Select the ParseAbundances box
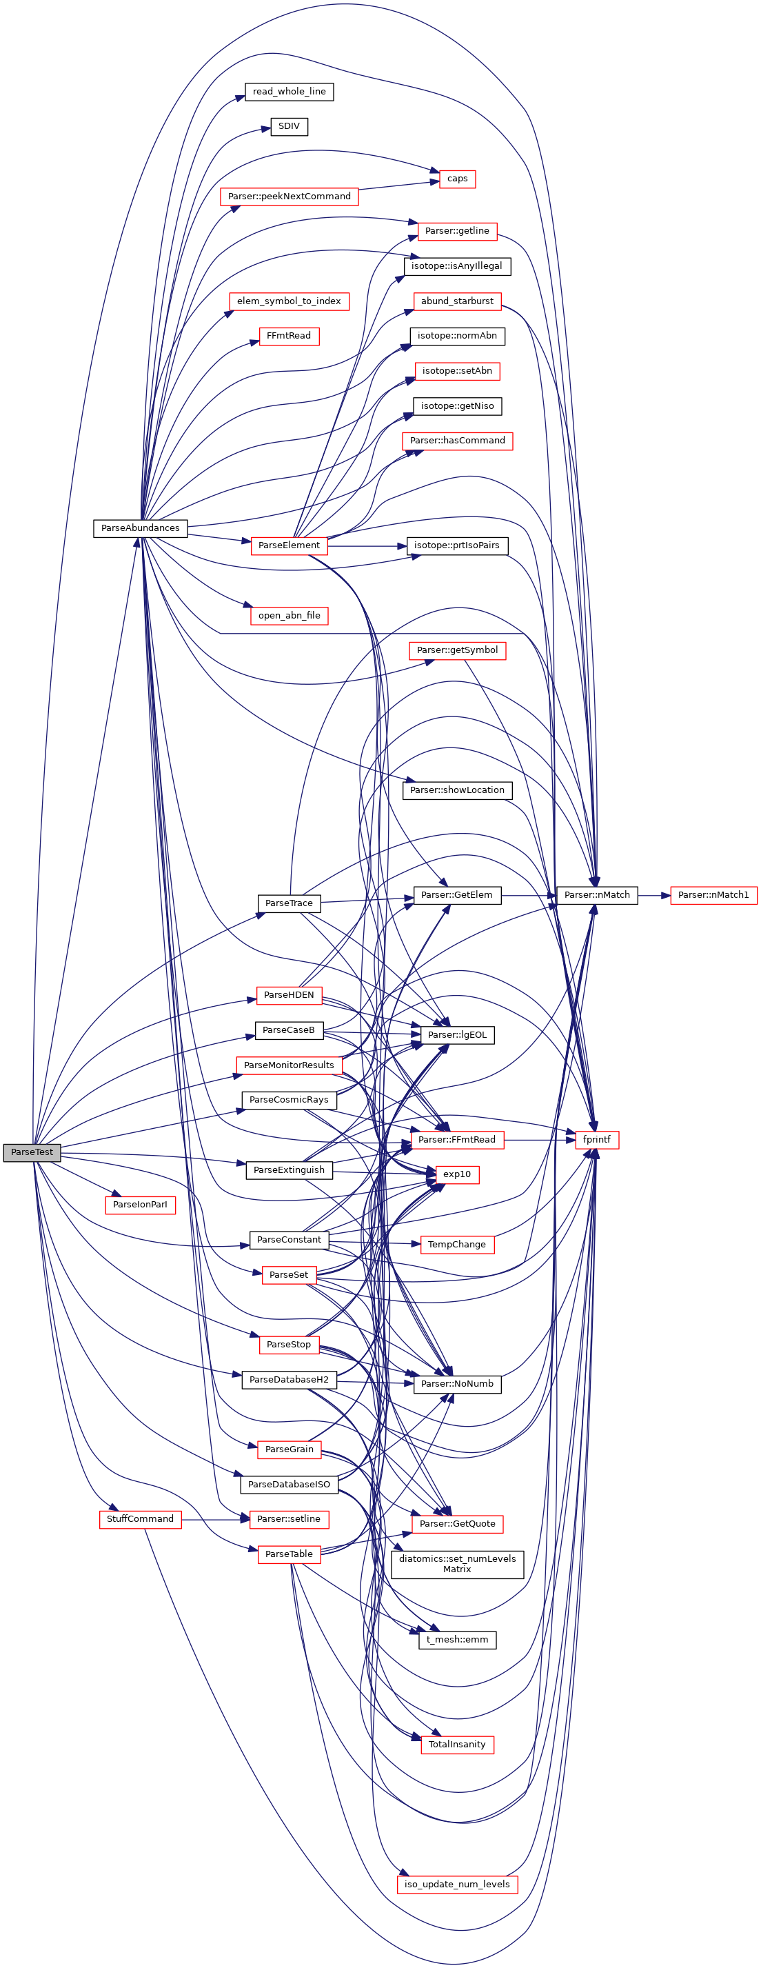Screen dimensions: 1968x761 140,528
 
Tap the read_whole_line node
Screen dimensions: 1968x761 289,92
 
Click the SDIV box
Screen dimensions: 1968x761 289,126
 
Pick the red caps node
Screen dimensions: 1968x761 457,179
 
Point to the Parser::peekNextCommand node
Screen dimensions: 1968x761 289,197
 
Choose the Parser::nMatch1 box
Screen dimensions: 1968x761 713,894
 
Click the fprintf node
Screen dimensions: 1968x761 596,1139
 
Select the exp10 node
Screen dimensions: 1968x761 456,1174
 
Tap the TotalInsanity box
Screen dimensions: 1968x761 456,1745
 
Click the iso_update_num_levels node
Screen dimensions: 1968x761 456,1885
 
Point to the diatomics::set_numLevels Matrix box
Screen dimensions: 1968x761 456,1564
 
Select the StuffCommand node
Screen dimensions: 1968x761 140,1519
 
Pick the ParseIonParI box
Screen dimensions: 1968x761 140,1205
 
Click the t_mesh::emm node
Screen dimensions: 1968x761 456,1640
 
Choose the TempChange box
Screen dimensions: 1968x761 456,1245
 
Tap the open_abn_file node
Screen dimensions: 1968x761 289,616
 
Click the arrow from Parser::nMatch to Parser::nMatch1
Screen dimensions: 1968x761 653,894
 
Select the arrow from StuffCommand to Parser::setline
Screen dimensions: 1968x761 216,1520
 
